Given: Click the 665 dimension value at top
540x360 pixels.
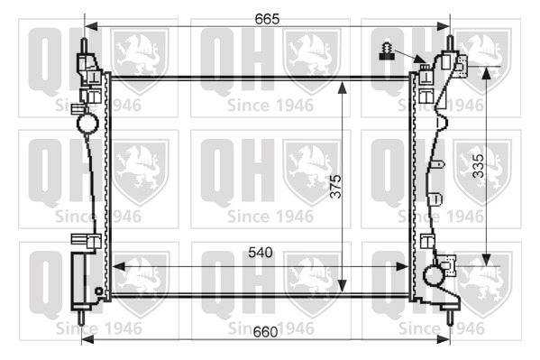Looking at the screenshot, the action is click(x=267, y=19).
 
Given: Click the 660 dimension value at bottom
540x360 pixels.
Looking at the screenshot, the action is click(x=265, y=332).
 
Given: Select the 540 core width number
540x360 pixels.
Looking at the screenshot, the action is click(x=261, y=253).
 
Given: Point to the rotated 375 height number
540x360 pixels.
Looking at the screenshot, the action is click(x=335, y=186).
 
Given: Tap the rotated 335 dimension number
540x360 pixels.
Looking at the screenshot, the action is click(x=478, y=166).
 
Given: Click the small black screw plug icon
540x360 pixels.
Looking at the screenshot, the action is click(x=387, y=51).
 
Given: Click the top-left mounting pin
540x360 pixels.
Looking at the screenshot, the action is click(x=84, y=45).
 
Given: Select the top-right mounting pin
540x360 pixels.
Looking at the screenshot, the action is click(x=450, y=42).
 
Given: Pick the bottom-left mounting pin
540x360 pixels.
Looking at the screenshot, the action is click(x=81, y=318).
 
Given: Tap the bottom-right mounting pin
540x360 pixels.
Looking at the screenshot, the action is click(x=450, y=318).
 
